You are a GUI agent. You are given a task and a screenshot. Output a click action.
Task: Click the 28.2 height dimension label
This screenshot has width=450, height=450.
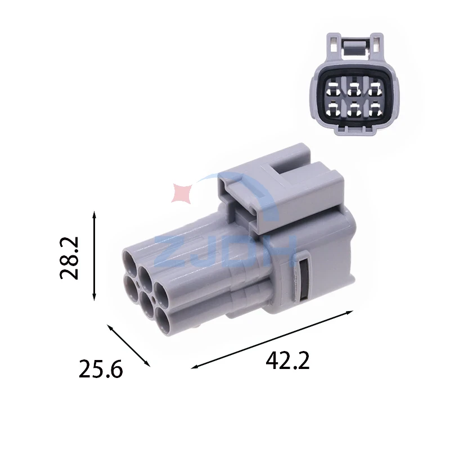pos(69,258)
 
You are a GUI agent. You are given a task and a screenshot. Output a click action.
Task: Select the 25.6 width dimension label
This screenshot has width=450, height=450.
pos(101,369)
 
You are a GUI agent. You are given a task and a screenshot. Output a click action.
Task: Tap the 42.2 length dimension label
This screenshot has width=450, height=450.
pos(287,361)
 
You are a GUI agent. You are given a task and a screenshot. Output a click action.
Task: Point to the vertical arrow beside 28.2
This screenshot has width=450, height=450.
pos(94,256)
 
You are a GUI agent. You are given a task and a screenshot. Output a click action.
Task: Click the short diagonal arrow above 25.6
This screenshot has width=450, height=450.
pos(129,345)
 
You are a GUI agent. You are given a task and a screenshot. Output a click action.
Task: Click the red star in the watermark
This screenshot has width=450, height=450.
pos(182,193)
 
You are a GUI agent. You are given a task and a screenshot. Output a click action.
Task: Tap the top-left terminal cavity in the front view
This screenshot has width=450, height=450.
pos(334,89)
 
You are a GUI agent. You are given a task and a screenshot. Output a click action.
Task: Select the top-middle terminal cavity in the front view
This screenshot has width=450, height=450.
pos(354,89)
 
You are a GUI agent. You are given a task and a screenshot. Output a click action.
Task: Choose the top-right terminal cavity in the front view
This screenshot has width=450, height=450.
pos(375,89)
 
